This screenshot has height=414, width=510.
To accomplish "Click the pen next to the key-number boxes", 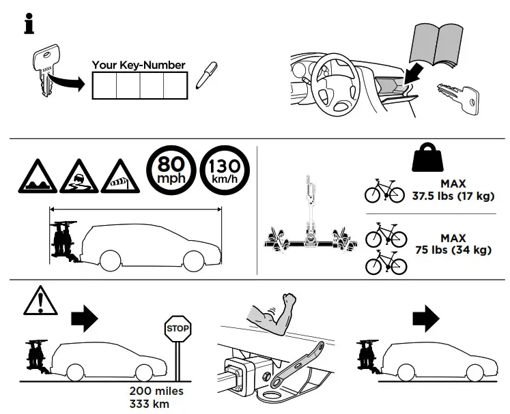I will (x=203, y=77).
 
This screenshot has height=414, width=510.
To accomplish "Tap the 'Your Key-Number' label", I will (x=139, y=65).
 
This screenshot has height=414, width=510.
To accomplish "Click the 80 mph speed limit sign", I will (x=169, y=171).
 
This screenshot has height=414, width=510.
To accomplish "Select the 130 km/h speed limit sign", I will (x=225, y=171).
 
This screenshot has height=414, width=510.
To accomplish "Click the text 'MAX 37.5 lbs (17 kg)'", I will (x=453, y=190).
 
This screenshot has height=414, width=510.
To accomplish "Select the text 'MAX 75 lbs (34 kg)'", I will (x=453, y=244).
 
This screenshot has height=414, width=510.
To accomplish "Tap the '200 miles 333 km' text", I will (x=156, y=397).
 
